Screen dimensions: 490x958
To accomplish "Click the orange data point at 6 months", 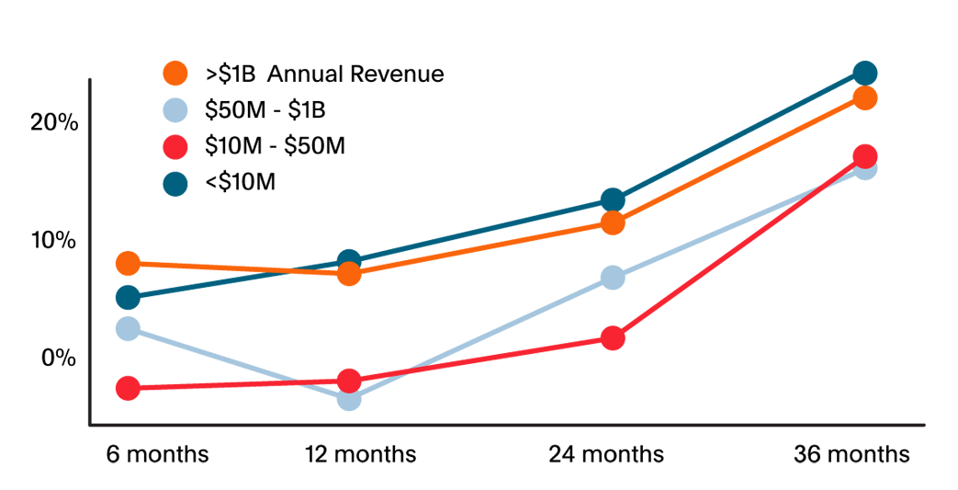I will click(x=128, y=264).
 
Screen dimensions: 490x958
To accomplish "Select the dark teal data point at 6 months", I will click(x=128, y=298).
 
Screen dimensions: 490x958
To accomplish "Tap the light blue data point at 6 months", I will click(x=128, y=328).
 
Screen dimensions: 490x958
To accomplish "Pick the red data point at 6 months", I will click(x=128, y=388).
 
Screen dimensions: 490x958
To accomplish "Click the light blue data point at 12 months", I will click(x=349, y=398).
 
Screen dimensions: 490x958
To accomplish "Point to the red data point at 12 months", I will click(x=349, y=381).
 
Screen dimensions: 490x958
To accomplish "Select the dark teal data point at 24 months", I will click(x=613, y=200).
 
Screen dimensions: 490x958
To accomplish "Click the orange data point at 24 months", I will click(x=613, y=222).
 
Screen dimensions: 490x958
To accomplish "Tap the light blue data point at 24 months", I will click(x=613, y=278).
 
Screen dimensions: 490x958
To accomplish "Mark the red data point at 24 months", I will click(x=613, y=338).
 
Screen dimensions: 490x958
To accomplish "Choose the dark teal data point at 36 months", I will click(x=864, y=73).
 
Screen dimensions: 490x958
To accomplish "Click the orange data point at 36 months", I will click(x=864, y=97).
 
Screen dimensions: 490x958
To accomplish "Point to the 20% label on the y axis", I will click(x=53, y=122).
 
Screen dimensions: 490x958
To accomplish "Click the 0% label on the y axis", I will click(x=59, y=358).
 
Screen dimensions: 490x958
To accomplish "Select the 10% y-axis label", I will click(x=53, y=240).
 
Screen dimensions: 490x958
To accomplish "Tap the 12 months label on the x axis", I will click(x=361, y=454).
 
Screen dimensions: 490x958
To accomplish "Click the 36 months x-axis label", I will click(x=851, y=454).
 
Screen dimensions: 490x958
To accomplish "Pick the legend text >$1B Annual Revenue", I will click(x=324, y=74).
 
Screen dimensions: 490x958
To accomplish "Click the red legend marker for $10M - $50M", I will click(x=175, y=146).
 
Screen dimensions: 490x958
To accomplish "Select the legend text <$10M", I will click(x=241, y=182).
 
